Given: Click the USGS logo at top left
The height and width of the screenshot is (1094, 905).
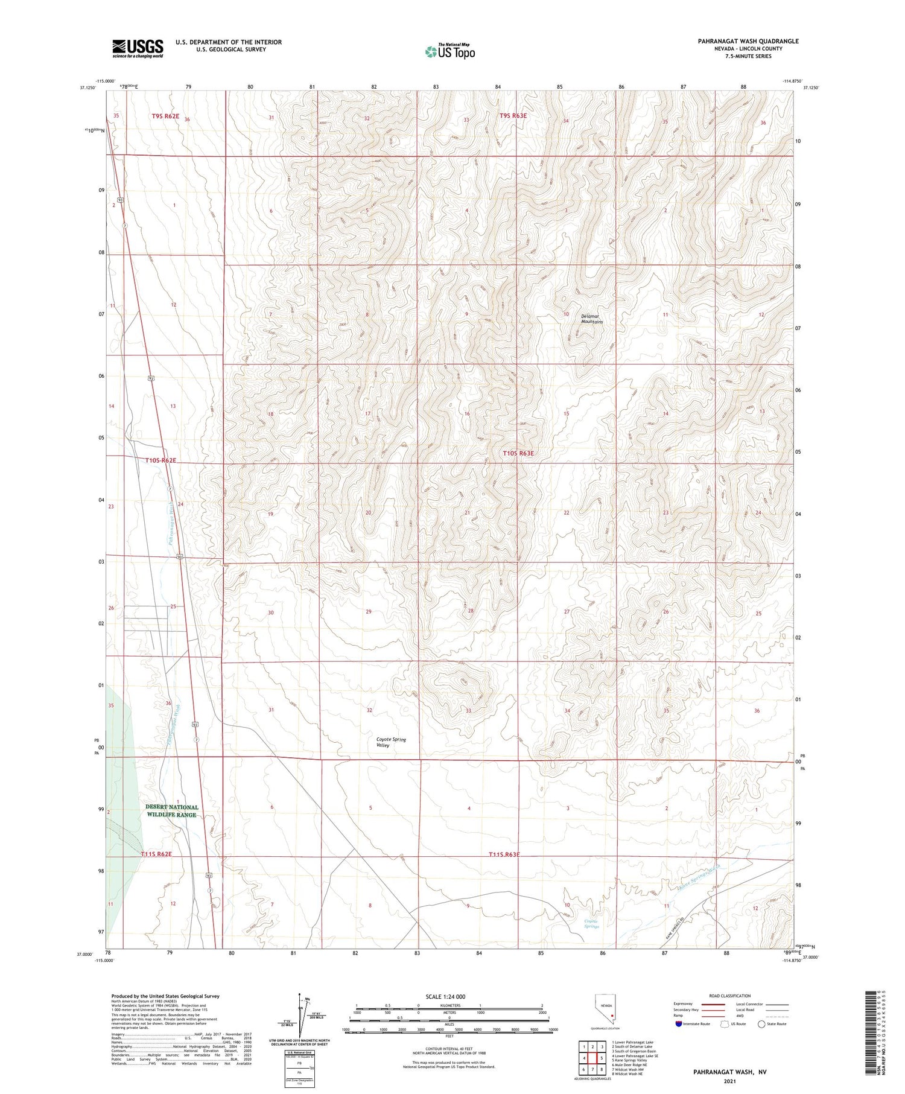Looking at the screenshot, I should point(138,48).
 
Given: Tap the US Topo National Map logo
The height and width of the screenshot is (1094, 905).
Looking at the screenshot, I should point(449,51).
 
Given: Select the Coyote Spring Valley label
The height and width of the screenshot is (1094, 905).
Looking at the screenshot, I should point(391,742).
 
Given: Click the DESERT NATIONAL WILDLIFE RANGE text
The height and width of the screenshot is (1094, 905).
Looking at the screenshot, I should point(171,810).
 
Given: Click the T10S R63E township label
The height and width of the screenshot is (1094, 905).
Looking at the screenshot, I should point(518,453).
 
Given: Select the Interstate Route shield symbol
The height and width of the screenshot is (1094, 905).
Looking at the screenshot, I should point(679,1024).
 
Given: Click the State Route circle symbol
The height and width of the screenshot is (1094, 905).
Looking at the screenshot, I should point(762,1024).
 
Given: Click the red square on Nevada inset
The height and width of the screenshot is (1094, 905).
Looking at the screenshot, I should point(614,1015).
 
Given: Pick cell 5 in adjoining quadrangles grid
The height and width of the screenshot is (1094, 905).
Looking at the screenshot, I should point(602,1058).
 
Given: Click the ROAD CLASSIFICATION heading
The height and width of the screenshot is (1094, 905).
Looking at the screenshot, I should point(729,996).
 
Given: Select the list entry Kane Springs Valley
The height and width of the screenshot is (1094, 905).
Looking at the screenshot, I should point(629,1060).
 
